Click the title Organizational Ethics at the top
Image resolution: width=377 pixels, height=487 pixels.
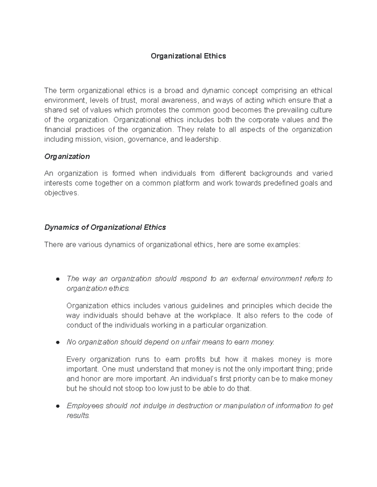(x=188, y=56)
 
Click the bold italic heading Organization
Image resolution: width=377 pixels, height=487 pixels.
(x=67, y=156)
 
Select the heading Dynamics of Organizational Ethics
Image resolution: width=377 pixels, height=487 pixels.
(x=105, y=227)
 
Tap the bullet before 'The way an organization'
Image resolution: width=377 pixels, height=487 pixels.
(x=57, y=279)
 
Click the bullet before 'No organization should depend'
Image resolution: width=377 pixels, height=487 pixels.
(x=57, y=342)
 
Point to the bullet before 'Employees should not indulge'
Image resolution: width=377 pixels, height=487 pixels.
(x=57, y=406)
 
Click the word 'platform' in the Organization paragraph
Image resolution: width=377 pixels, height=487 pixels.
(x=186, y=183)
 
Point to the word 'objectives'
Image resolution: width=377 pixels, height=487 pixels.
(x=61, y=193)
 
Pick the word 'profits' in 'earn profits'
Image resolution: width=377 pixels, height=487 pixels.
(x=195, y=359)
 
